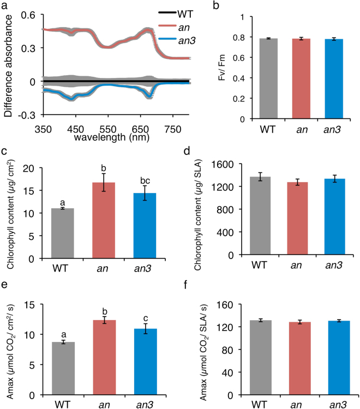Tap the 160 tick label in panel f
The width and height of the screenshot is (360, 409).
pos(237,304)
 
